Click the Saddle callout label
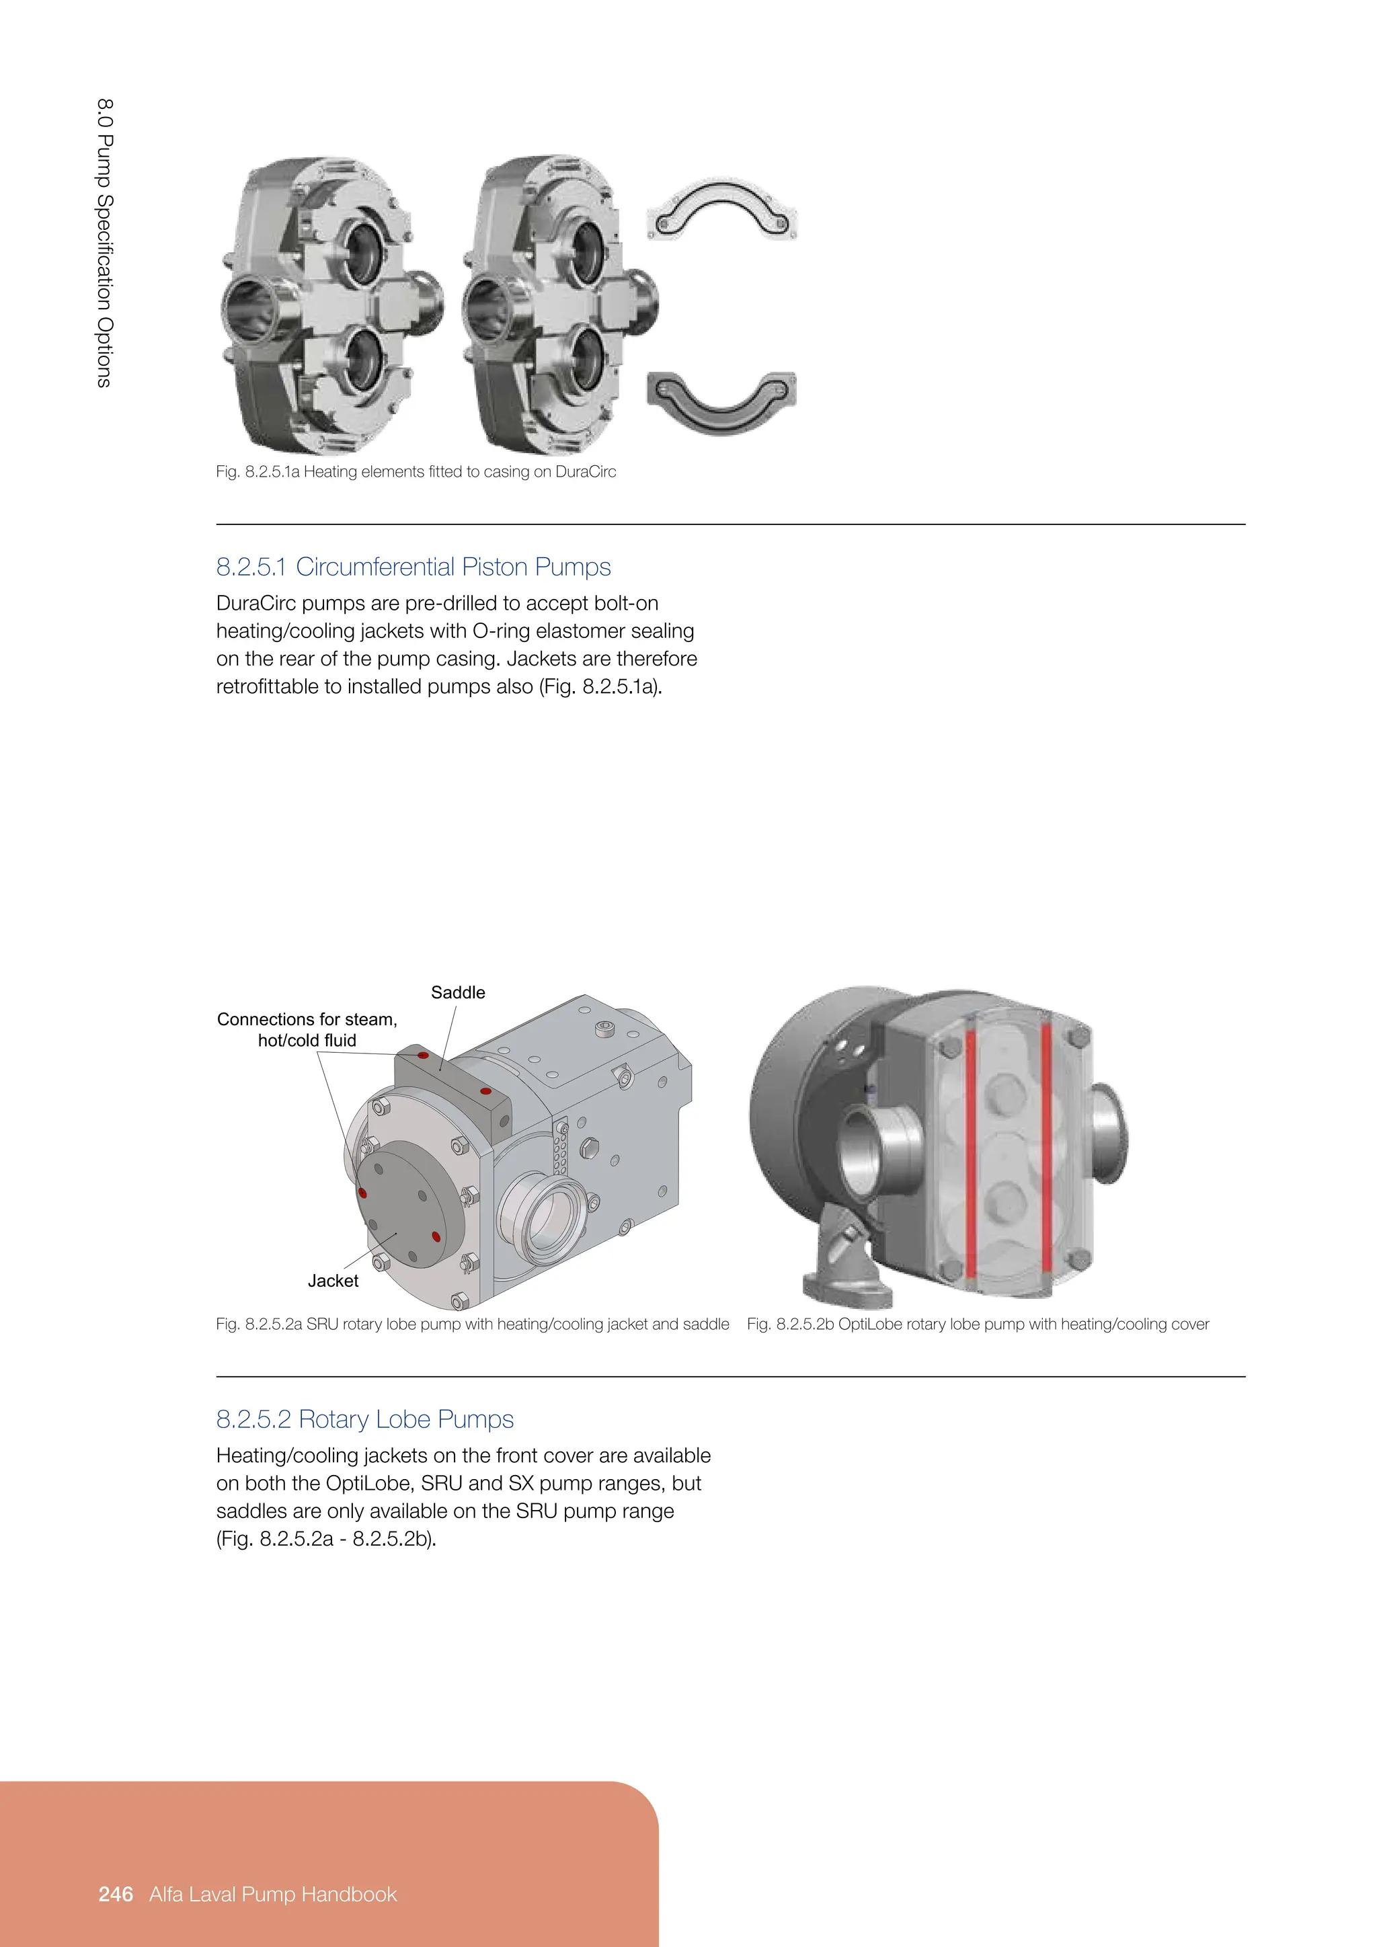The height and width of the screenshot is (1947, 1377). click(x=458, y=992)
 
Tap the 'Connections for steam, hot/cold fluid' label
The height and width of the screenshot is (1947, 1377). click(x=307, y=1029)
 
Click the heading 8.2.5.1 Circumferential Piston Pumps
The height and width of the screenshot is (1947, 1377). click(x=413, y=567)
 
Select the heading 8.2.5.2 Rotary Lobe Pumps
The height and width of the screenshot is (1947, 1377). click(x=364, y=1419)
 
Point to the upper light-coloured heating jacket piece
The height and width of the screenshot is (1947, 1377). click(x=721, y=207)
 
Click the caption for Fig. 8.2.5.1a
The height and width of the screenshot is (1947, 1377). click(x=416, y=471)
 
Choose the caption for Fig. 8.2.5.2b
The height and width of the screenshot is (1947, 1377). click(x=977, y=1324)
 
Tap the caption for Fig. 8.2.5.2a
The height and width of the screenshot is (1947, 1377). click(x=472, y=1324)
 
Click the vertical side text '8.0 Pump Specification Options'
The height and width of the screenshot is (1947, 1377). click(x=104, y=243)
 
